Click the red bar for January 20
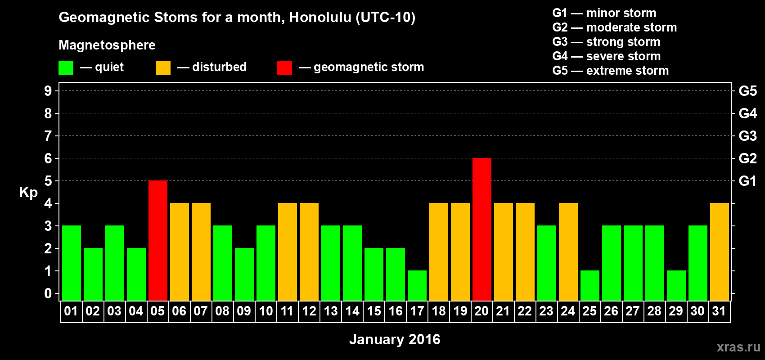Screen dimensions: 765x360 tap(482, 229)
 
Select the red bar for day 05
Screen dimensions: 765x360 tap(158, 240)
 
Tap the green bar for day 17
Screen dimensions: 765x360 tap(417, 286)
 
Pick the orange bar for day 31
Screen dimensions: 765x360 tap(720, 252)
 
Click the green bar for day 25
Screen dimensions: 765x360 tap(590, 286)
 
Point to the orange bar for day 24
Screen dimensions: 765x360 tap(568, 252)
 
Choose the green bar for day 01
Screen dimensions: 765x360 tap(72, 263)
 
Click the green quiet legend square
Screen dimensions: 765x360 tap(66, 67)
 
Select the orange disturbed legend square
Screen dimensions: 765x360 tap(163, 67)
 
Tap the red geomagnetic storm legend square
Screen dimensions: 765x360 tap(284, 67)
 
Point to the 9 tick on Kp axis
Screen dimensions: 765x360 tap(48, 91)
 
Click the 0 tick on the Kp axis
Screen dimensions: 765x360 tap(48, 293)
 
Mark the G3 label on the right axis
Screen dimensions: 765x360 tap(747, 136)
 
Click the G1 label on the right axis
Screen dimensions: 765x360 tap(747, 181)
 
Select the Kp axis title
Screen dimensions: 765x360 tap(28, 193)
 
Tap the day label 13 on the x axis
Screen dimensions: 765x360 tap(331, 311)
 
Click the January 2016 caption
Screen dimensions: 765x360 tap(395, 339)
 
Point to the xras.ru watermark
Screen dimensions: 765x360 tap(738, 347)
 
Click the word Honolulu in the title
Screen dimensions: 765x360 tap(320, 18)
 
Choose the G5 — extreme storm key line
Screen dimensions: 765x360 tap(610, 71)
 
